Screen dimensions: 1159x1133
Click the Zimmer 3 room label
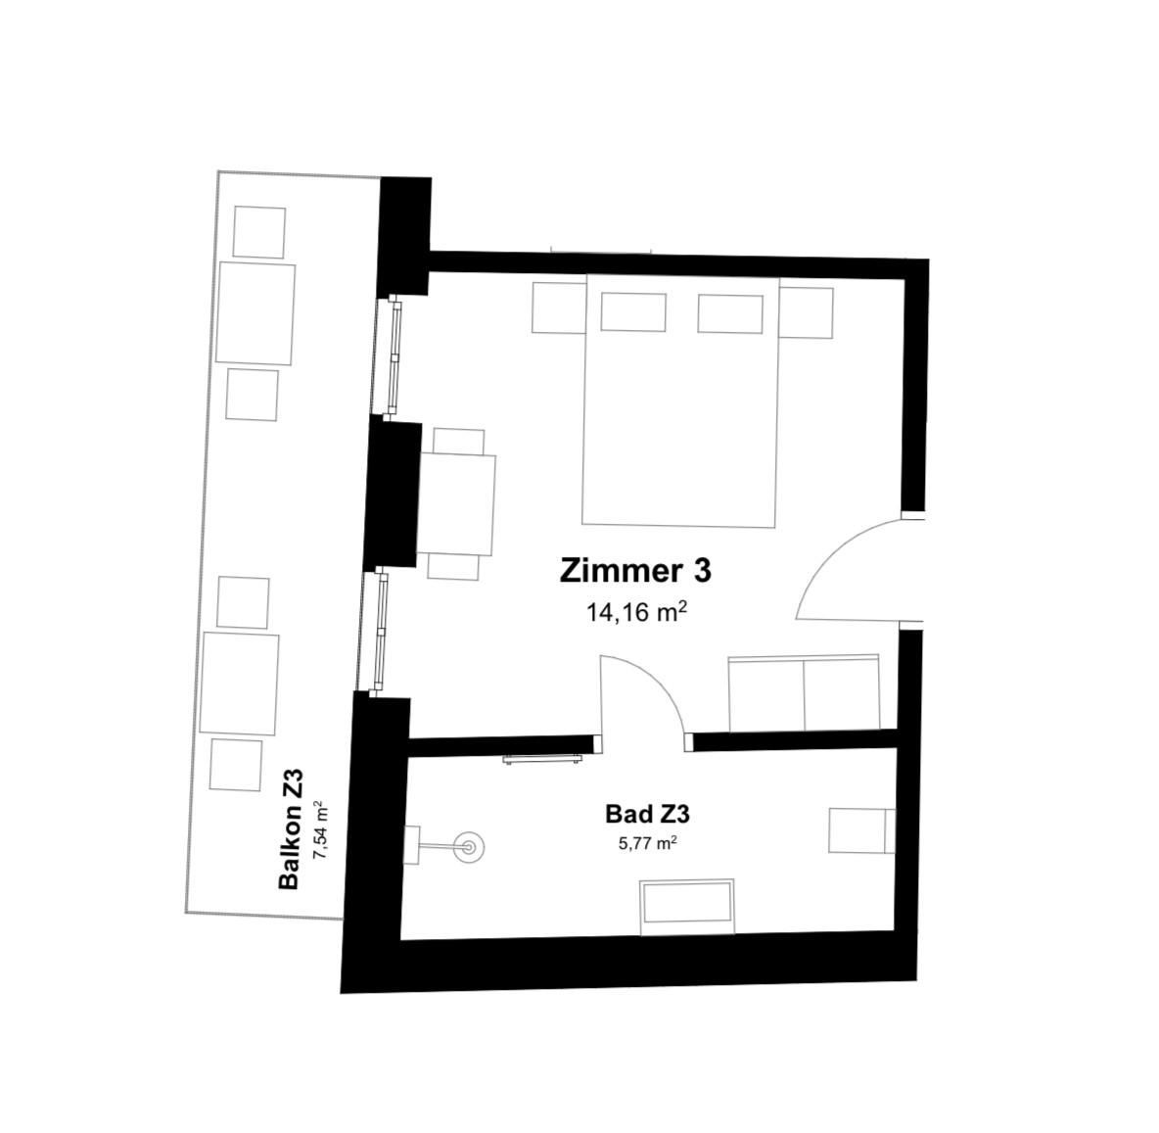[635, 571]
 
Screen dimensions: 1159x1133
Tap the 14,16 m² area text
[637, 612]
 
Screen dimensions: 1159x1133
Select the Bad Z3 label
[647, 814]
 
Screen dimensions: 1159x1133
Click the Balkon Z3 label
[291, 829]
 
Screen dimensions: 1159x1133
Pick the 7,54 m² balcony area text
[320, 829]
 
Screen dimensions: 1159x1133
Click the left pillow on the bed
[633, 311]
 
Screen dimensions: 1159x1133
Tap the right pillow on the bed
[730, 313]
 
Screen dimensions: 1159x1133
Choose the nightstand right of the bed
[807, 312]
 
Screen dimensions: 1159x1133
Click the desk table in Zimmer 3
[457, 503]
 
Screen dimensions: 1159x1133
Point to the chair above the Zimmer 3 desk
[459, 441]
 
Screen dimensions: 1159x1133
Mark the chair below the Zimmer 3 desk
[453, 567]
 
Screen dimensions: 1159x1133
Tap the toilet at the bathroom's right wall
[861, 830]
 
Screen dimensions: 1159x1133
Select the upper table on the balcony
[255, 313]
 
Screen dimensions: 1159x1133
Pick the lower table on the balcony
[240, 684]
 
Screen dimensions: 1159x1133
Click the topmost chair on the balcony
[259, 232]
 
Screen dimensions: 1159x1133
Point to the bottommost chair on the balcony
[236, 764]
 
